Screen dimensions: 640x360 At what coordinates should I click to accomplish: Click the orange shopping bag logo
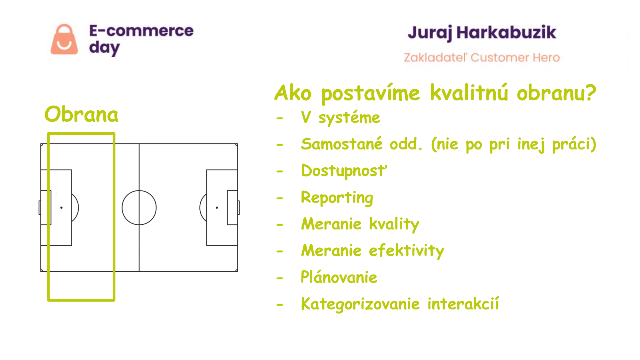coord(64,39)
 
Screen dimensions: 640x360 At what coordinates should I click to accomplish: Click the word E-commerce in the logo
coord(141,31)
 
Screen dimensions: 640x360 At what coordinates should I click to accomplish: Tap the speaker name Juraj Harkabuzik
coord(482,33)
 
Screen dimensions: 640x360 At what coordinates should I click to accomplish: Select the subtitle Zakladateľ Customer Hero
coord(482,58)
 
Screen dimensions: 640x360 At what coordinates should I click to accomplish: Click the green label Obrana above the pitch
coord(81,114)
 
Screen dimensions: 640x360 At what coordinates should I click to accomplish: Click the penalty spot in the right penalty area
coord(217,208)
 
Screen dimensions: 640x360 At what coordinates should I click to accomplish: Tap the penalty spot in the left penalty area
coord(61,208)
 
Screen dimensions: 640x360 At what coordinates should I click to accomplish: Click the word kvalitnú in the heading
coord(469,93)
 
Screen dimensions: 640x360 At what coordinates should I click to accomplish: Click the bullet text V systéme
coord(340,117)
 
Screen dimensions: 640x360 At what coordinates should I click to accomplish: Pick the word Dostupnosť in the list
coord(344,171)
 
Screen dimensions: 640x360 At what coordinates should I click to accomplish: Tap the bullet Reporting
coord(337,198)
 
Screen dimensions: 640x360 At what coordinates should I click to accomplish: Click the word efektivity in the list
coord(406,251)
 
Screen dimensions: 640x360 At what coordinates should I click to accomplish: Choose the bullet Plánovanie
coord(339,277)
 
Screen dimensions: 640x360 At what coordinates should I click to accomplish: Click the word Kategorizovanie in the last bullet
coord(360,304)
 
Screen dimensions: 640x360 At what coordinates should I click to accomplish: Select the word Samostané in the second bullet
coord(342,144)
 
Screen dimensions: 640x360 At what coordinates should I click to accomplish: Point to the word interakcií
coord(463,304)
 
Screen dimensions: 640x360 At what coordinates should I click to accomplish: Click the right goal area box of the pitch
coord(228,208)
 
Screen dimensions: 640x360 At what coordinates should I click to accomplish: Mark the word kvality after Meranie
coord(394,224)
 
